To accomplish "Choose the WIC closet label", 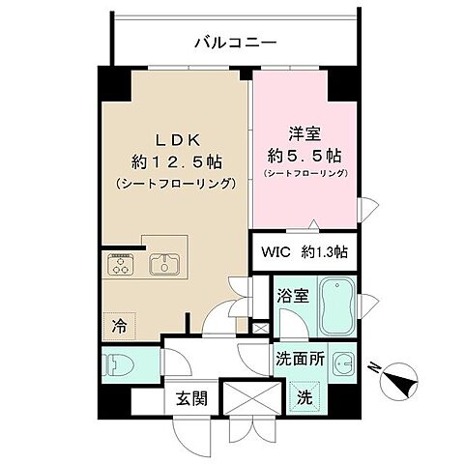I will pos(273,251).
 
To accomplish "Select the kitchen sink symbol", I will pos(162,264).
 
